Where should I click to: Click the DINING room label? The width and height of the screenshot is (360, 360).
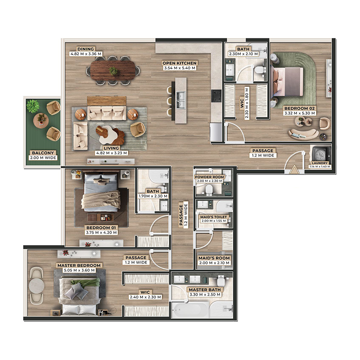coord(85,49)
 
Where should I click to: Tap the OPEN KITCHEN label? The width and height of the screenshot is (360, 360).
coord(179,63)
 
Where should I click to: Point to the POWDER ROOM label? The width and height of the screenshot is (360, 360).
coord(210,177)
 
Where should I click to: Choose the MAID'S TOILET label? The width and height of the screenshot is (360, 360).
coord(214,216)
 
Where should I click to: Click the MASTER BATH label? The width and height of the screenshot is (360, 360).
coord(205,290)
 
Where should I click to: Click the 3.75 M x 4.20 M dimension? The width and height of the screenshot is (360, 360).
coord(101,233)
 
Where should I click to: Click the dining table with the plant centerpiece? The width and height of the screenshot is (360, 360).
coord(114,71)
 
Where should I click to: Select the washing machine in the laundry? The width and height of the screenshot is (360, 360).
coord(320,152)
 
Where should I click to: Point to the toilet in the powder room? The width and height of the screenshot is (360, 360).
coord(208,190)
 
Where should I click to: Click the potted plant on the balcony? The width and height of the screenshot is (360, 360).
coord(33,106)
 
